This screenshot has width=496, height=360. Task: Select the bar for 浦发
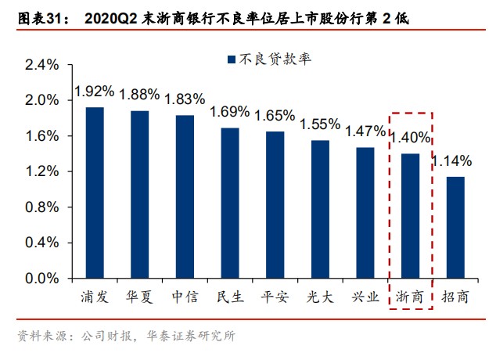pyautogui.click(x=95, y=193)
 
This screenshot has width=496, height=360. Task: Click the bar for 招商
pyautogui.click(x=455, y=227)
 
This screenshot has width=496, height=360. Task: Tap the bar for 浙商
pyautogui.click(x=411, y=216)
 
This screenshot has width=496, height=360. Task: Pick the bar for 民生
pyautogui.click(x=230, y=203)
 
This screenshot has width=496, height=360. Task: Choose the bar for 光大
pyautogui.click(x=320, y=209)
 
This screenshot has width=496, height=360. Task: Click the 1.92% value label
pyautogui.click(x=95, y=92)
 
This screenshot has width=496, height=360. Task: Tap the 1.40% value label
pyautogui.click(x=411, y=138)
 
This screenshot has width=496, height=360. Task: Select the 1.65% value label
pyautogui.click(x=275, y=115)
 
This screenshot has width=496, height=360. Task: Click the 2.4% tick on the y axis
pyautogui.click(x=42, y=65)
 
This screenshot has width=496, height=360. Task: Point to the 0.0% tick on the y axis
pyautogui.click(x=42, y=278)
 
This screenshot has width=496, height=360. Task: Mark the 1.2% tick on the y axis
pyautogui.click(x=42, y=171)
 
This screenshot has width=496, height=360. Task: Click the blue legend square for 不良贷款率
pyautogui.click(x=231, y=59)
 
